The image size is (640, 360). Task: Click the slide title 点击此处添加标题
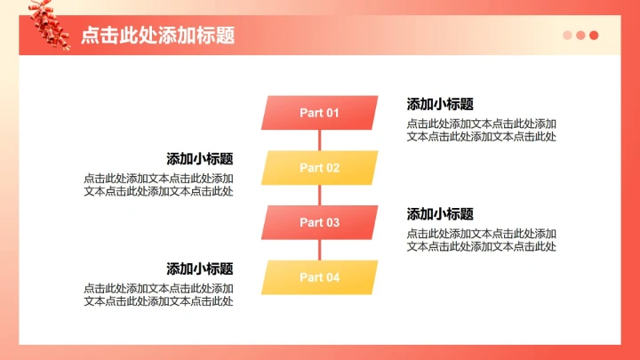click(157, 36)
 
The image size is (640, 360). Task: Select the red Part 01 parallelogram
click(319, 113)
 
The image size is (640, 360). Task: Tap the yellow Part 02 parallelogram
click(319, 168)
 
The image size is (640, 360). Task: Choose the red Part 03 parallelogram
click(319, 222)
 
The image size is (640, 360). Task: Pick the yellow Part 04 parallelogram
click(319, 277)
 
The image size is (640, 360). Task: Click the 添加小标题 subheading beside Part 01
click(440, 104)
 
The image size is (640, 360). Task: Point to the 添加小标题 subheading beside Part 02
click(200, 159)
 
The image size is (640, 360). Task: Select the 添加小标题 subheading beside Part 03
click(440, 214)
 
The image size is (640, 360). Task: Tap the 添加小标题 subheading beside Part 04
click(200, 268)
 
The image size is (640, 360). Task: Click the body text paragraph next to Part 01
click(482, 130)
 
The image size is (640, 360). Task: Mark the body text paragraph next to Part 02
click(158, 185)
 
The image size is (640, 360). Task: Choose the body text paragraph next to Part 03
click(482, 240)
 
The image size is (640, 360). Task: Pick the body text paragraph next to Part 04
click(158, 295)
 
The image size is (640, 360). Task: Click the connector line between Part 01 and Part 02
click(319, 140)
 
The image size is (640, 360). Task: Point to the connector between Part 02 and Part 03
click(319, 196)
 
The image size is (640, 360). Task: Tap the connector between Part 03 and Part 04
click(319, 251)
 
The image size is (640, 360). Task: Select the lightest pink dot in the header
click(567, 36)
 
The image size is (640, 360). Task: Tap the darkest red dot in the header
click(594, 36)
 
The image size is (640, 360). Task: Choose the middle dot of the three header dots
click(580, 36)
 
